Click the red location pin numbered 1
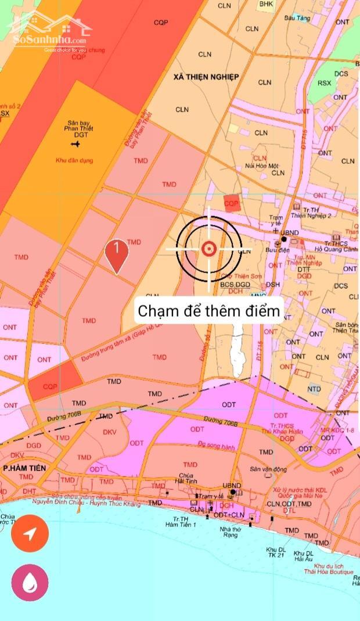coord(117,253)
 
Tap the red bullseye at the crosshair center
coord(208,249)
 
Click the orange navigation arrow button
coord(30,534)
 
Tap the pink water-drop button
coord(30,581)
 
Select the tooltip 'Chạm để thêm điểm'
coord(208,311)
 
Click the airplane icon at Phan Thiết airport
coord(75,143)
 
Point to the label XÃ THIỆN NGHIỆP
coord(206,77)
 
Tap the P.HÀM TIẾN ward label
coord(24,467)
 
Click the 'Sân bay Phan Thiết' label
coord(80,126)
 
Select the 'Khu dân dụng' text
coord(74,160)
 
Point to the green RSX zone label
coord(325,83)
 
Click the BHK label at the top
coord(266,4)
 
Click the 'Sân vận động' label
coord(268,469)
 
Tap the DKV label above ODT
coord(110,432)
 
